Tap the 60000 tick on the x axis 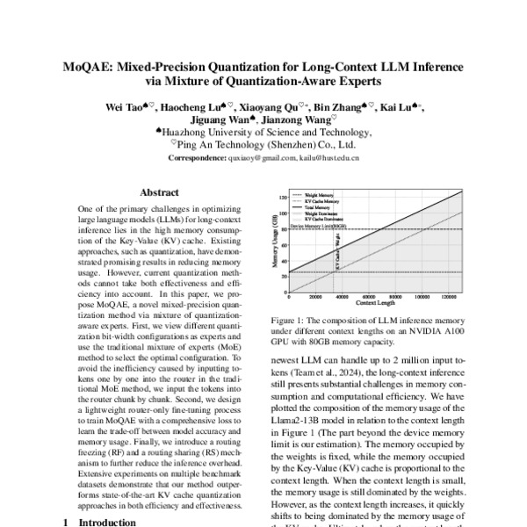(x=370, y=297)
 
